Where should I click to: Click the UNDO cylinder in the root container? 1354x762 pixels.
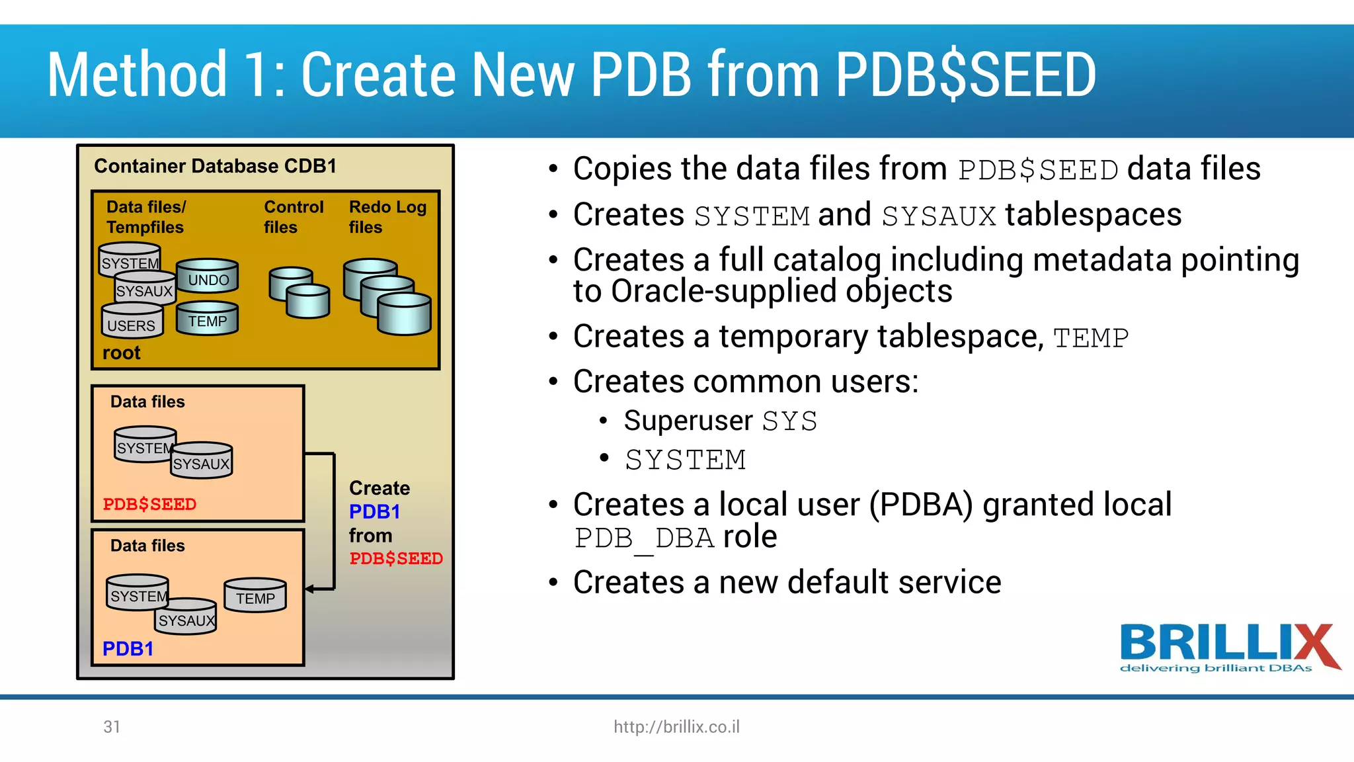[x=208, y=276]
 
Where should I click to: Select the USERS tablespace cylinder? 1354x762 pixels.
[x=132, y=322]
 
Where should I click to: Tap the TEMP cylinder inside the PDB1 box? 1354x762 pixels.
[x=255, y=596]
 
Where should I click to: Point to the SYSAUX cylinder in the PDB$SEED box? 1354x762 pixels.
[x=202, y=462]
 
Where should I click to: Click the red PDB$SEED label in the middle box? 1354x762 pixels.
[x=149, y=504]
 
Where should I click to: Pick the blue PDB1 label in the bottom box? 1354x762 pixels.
[x=128, y=649]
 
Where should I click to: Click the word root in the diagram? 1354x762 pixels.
[x=121, y=353]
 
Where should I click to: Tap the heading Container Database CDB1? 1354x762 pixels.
[x=215, y=166]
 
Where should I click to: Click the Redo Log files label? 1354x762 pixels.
[x=387, y=217]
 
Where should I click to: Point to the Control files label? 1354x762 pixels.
[x=294, y=217]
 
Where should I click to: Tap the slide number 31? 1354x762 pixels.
[x=112, y=727]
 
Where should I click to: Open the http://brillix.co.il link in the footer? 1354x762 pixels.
[x=676, y=727]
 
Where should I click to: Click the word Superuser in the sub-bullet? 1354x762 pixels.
[x=688, y=421]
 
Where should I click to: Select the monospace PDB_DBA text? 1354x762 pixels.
[x=644, y=538]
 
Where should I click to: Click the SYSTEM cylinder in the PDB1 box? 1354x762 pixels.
[x=138, y=593]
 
